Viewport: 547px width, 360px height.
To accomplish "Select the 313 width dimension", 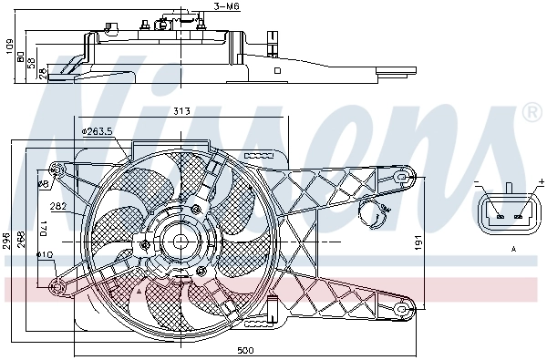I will (x=182, y=113).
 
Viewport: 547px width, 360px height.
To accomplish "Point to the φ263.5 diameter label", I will (x=97, y=131).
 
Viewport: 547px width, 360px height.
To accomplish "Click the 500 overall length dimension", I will (x=244, y=350).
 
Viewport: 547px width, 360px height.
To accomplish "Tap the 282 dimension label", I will (x=57, y=205).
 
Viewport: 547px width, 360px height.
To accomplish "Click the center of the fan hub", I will (x=181, y=241).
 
